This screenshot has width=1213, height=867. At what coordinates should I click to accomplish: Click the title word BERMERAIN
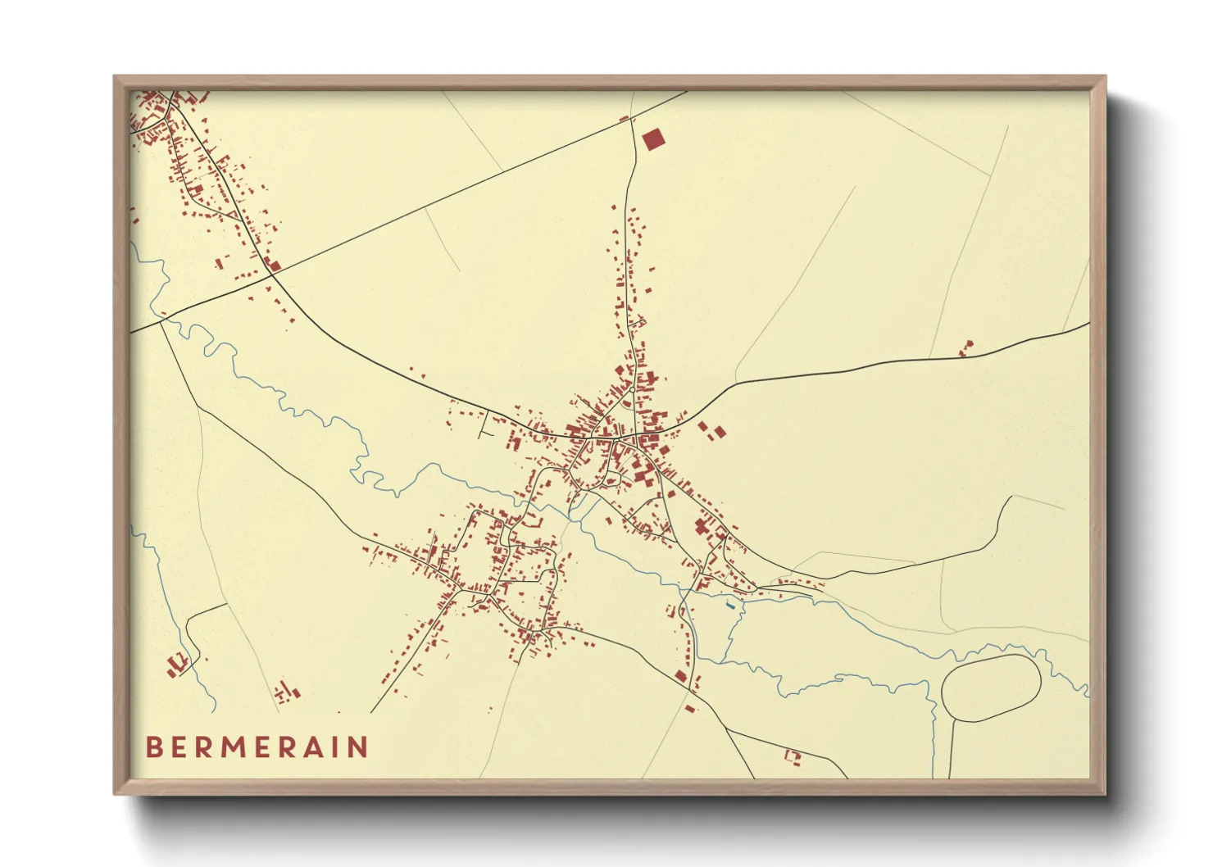point(257,747)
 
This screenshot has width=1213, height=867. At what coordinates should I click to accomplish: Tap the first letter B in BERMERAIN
point(153,747)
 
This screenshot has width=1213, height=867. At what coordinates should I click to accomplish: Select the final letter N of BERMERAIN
point(358,747)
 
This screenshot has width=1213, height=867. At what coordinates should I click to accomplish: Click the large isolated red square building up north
point(652,139)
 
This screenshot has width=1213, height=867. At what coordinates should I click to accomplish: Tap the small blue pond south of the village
point(729,606)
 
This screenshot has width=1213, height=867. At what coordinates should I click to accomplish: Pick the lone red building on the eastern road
point(966,349)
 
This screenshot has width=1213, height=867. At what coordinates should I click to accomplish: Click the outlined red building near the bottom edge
point(792,757)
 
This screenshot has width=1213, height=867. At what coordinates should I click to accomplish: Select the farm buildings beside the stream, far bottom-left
point(176,664)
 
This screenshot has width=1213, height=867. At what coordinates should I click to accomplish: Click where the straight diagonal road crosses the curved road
point(273,275)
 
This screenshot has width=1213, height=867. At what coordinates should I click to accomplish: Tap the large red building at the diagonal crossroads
point(275,265)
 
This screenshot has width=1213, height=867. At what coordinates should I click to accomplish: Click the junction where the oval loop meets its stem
point(954,719)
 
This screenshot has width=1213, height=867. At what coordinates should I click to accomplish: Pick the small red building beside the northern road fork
point(625,119)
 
